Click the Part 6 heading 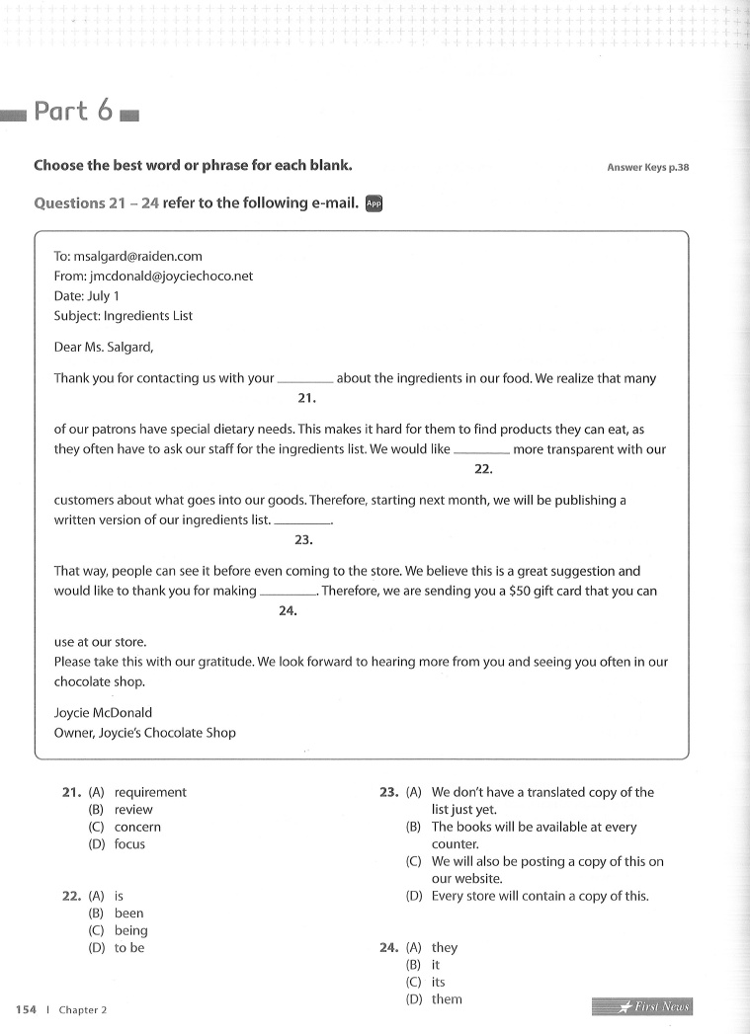73,111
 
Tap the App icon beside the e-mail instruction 374,203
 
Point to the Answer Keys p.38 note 647,167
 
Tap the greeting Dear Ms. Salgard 104,347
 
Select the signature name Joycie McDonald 103,712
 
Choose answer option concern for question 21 137,827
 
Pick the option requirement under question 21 150,792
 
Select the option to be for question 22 128,948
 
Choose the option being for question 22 130,930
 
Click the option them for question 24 447,999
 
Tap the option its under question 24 439,983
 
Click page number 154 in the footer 26,1009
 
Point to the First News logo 642,1006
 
